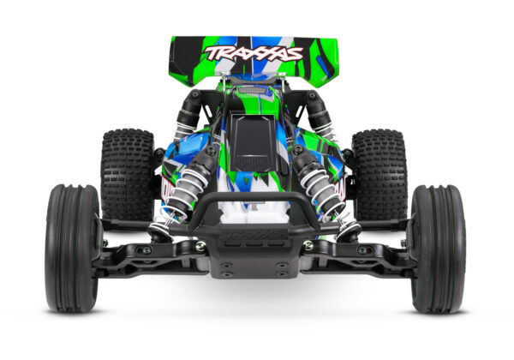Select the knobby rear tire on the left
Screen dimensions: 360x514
click(x=127, y=171)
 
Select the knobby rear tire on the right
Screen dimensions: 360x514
click(x=379, y=171)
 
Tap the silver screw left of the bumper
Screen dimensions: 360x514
click(x=200, y=246)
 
